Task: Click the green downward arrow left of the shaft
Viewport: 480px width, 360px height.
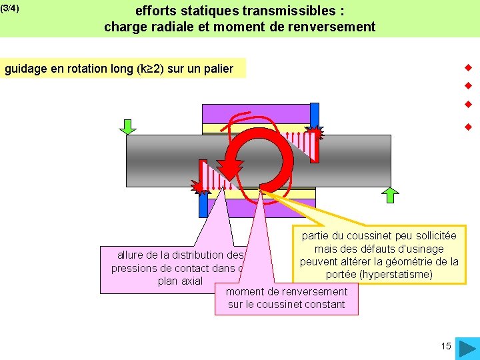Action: tap(128, 127)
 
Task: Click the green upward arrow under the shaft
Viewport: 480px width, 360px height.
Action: tap(391, 194)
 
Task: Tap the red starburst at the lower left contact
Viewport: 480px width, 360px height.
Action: tap(199, 187)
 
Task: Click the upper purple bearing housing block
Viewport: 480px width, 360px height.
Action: tap(257, 114)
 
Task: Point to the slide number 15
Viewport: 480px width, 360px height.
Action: tap(446, 346)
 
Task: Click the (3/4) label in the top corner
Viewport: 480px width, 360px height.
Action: tap(10, 9)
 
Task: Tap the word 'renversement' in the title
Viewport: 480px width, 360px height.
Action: tap(339, 27)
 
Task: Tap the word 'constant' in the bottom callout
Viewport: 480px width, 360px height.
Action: tap(323, 305)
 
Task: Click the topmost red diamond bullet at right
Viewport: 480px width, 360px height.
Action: tap(468, 67)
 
